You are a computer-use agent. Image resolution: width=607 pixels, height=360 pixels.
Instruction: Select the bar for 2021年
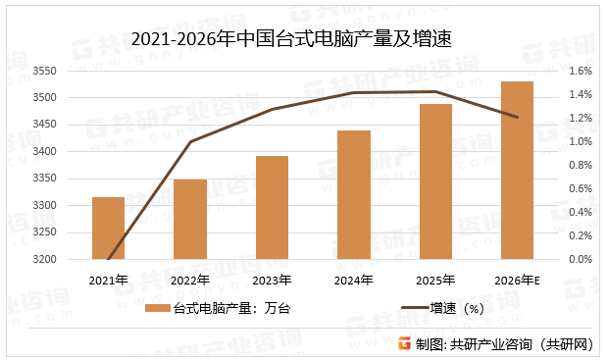click(x=109, y=229)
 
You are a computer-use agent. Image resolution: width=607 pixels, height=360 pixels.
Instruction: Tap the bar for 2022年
click(x=190, y=220)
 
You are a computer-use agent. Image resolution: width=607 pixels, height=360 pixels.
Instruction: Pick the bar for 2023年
click(x=272, y=208)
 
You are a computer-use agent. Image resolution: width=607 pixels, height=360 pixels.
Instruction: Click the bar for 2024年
click(x=354, y=195)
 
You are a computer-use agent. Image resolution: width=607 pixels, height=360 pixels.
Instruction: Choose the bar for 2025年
click(x=435, y=181)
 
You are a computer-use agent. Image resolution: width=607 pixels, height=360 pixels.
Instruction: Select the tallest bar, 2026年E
click(x=517, y=171)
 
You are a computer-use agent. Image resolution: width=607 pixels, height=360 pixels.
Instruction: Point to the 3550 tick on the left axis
click(x=46, y=72)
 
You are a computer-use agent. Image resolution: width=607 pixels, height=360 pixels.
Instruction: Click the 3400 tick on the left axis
click(x=46, y=152)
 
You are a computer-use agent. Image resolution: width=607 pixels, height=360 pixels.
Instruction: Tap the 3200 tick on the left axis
click(x=46, y=260)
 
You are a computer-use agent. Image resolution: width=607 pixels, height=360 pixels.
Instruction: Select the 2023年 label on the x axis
click(x=272, y=281)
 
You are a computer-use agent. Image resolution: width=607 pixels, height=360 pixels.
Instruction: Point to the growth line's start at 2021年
click(x=109, y=260)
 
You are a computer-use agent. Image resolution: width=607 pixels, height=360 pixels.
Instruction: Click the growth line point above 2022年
click(x=190, y=142)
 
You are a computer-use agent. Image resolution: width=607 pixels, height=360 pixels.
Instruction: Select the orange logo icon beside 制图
click(x=404, y=343)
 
